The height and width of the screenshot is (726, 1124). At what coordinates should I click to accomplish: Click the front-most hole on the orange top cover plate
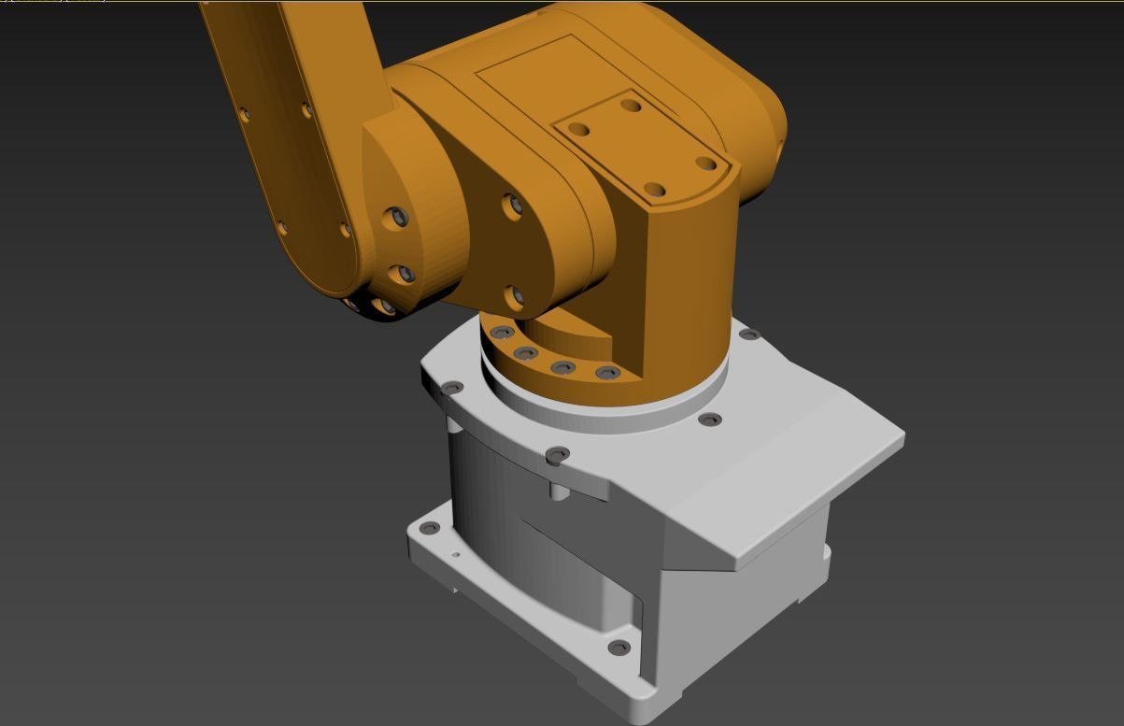pyautogui.click(x=655, y=190)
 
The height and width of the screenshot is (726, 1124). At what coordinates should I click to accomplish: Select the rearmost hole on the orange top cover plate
pyautogui.click(x=632, y=106)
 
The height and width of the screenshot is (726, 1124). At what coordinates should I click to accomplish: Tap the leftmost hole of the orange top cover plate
pyautogui.click(x=578, y=130)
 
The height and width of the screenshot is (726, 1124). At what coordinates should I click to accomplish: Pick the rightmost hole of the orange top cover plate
pyautogui.click(x=706, y=164)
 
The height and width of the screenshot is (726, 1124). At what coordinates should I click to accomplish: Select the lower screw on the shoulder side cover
pyautogui.click(x=514, y=297)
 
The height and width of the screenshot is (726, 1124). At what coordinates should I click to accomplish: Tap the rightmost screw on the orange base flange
pyautogui.click(x=608, y=374)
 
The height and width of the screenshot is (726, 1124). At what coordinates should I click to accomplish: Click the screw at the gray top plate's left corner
pyautogui.click(x=452, y=388)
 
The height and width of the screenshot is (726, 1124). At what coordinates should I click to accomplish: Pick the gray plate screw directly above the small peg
pyautogui.click(x=558, y=455)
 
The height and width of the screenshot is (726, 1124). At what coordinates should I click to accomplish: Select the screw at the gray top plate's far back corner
pyautogui.click(x=749, y=335)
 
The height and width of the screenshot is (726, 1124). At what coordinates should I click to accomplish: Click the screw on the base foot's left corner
pyautogui.click(x=430, y=529)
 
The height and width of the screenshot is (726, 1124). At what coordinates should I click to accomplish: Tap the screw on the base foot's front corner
pyautogui.click(x=619, y=648)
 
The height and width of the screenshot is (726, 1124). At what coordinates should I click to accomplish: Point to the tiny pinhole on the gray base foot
pyautogui.click(x=456, y=555)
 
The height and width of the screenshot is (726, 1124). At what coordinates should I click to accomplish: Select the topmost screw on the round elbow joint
pyautogui.click(x=398, y=217)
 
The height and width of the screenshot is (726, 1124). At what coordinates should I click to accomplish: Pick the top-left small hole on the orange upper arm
pyautogui.click(x=245, y=115)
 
